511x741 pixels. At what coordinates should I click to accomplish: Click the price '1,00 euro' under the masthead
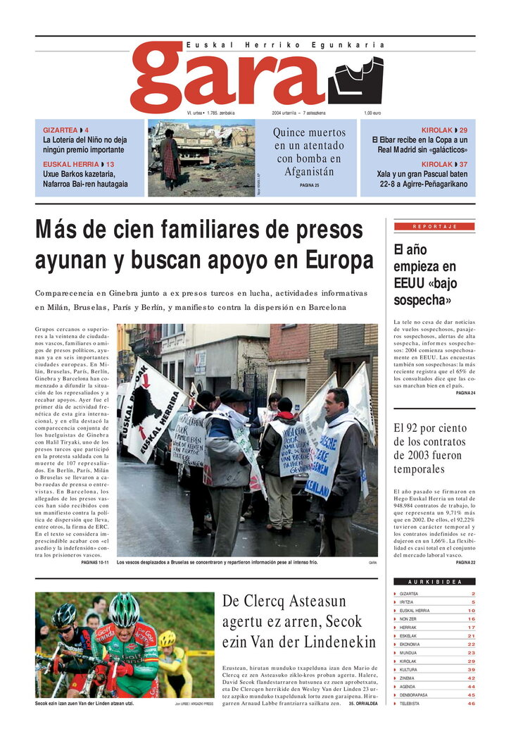[x=372, y=113]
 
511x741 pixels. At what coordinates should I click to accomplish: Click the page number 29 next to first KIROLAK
[x=463, y=131]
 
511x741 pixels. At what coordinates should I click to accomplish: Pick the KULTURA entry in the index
[x=409, y=670]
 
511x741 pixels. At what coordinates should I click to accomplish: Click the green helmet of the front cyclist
[x=124, y=608]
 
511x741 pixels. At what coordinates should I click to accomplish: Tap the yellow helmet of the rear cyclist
[x=167, y=638]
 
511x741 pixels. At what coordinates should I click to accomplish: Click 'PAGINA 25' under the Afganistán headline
[x=309, y=185]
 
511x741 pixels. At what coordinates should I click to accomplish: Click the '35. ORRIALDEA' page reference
[x=362, y=704]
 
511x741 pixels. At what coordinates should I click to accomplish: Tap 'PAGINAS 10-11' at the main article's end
[x=94, y=563]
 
